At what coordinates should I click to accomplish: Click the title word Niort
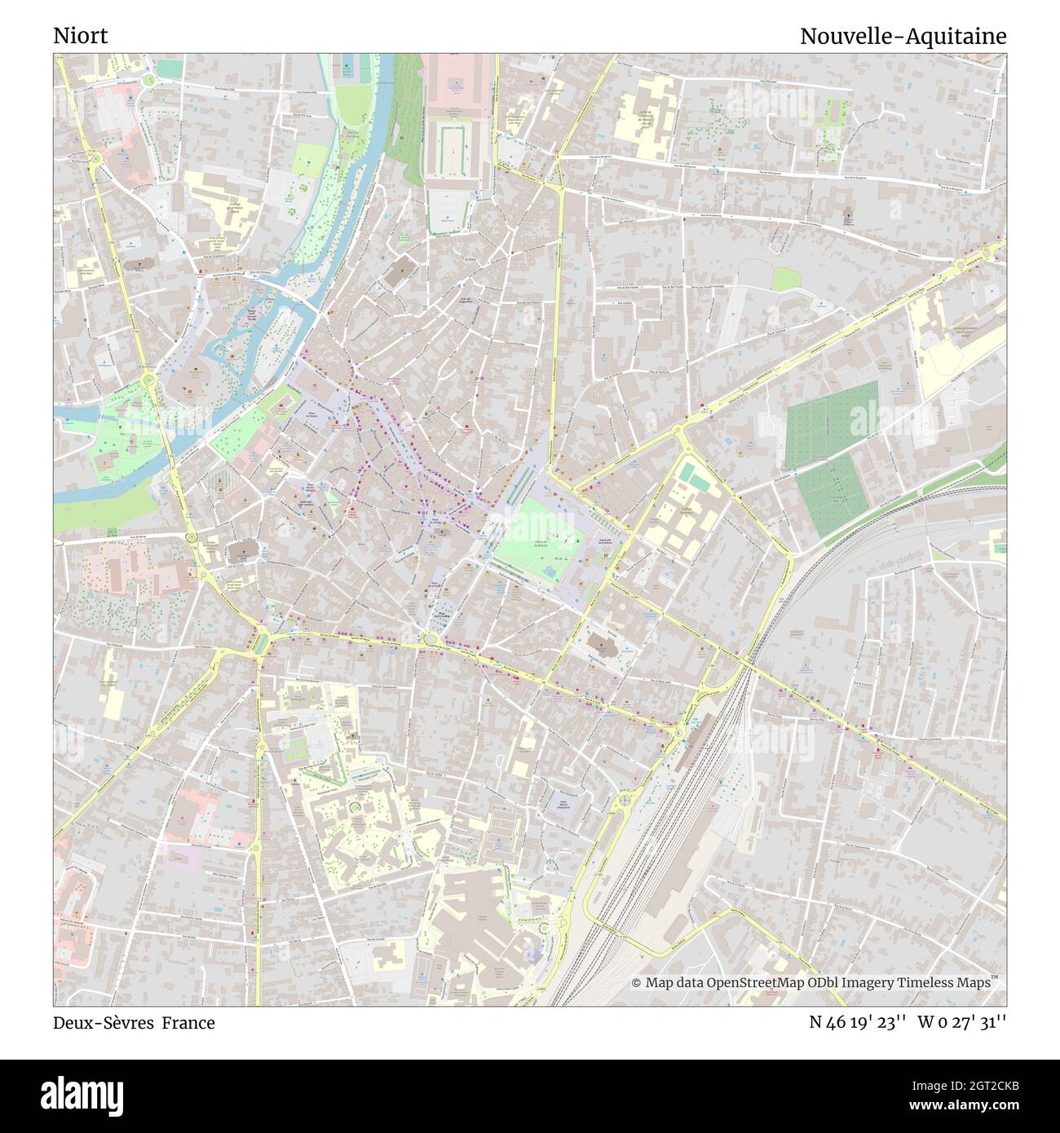[80, 37]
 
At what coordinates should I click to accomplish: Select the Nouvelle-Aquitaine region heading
[903, 37]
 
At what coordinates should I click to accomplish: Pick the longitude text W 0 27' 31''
[962, 1023]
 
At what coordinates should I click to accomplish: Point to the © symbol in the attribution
[637, 983]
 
